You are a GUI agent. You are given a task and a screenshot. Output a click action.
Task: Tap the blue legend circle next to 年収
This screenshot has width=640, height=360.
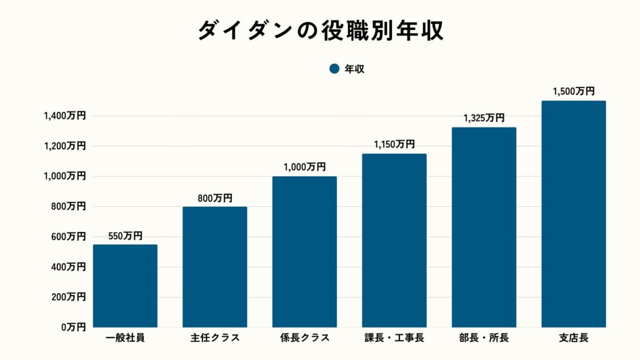(334, 69)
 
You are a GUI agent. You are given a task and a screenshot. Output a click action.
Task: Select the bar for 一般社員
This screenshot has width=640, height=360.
(125, 286)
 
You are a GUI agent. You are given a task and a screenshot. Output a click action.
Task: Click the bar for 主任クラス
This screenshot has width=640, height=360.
(215, 267)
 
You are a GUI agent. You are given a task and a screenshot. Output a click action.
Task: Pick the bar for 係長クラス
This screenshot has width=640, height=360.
(304, 252)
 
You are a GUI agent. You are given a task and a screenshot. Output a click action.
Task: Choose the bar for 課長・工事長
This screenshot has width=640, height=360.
(394, 241)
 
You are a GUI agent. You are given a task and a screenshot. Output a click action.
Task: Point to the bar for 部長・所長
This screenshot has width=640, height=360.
(484, 227)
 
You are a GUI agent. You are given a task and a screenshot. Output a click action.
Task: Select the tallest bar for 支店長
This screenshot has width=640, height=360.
(574, 214)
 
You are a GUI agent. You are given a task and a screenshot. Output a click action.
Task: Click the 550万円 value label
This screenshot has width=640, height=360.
(125, 236)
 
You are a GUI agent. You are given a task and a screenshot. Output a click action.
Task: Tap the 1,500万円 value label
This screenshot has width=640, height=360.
(574, 92)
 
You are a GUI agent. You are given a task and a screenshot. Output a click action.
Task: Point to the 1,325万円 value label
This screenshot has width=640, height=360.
(484, 118)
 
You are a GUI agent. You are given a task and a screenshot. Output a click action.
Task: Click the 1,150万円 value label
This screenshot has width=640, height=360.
(394, 144)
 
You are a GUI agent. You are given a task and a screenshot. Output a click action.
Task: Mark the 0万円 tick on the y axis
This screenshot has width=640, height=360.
(73, 327)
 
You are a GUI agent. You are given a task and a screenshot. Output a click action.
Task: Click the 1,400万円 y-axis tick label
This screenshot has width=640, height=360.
(64, 116)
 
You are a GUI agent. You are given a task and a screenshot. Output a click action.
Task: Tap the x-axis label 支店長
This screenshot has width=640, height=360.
(574, 339)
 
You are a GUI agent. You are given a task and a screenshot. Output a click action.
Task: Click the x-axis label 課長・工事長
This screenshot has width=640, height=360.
(394, 339)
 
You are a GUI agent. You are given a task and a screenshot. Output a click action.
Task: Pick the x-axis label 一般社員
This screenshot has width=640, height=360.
(125, 339)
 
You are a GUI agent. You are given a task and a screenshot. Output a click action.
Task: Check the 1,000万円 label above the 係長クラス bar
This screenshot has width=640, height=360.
(304, 167)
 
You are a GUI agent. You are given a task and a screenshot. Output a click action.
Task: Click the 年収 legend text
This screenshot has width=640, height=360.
(354, 69)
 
